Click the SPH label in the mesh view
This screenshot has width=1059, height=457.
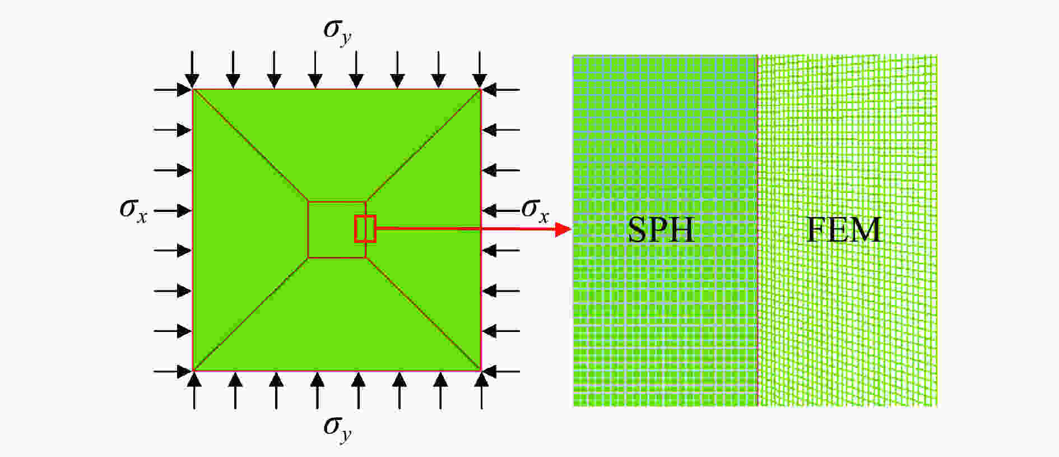point(661,229)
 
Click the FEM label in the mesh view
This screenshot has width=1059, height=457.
point(844,229)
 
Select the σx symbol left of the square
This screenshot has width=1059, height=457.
point(133,211)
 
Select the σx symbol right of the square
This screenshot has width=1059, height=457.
point(535,211)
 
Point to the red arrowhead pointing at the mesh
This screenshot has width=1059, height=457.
point(563,229)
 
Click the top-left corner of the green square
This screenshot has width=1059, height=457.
point(193,89)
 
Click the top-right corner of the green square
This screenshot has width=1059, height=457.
point(481,89)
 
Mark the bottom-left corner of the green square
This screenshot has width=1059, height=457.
point(193,371)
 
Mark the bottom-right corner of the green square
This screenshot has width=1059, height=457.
point(481,371)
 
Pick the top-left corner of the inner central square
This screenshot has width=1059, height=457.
point(308,201)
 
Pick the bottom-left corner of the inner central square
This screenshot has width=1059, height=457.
point(308,258)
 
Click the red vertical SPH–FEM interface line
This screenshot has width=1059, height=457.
point(758,230)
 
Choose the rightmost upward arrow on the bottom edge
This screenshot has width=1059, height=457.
point(481,390)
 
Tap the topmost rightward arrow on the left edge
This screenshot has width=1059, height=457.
point(173,89)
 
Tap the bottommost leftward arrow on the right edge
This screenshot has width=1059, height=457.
point(501,371)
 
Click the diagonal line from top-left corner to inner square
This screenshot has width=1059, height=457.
point(250,145)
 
